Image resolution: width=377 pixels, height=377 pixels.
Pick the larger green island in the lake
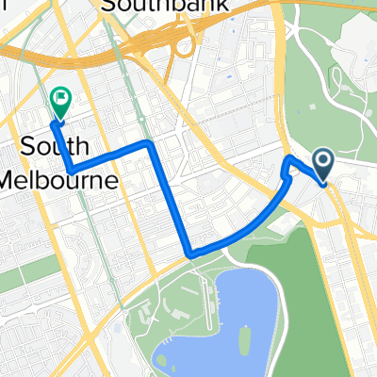[242, 335]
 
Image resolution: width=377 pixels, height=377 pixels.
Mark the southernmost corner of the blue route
[191, 254]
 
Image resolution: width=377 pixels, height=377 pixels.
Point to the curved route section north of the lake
[254, 231]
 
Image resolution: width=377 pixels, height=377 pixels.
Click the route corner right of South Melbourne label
[148, 143]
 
